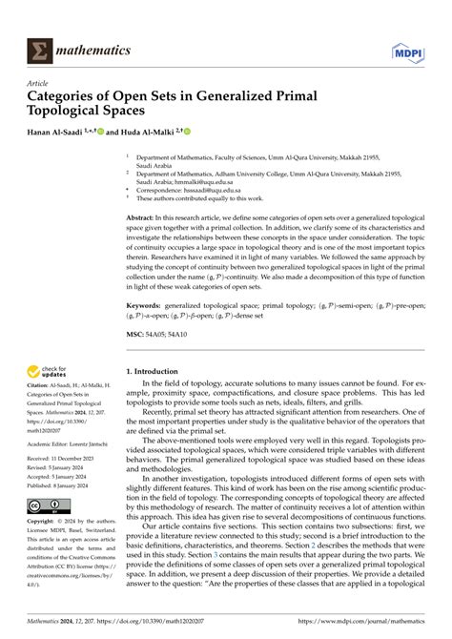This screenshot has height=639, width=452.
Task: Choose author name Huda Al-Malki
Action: pos(161,131)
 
